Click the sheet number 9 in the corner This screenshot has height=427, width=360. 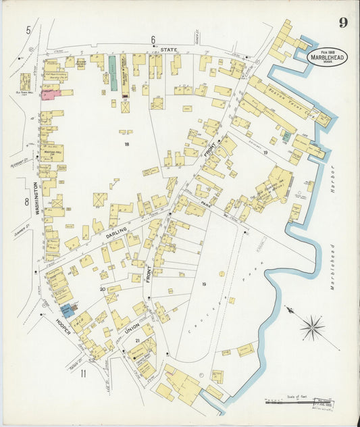click(x=343, y=24)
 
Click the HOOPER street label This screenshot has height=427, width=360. click(x=64, y=326)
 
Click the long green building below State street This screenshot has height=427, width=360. click(x=113, y=73)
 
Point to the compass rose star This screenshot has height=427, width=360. click(x=311, y=328)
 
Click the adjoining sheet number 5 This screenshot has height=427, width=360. click(x=28, y=30)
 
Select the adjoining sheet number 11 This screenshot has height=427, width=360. click(x=83, y=374)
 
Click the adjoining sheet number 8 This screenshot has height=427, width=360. click(x=26, y=202)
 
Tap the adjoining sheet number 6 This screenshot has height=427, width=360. click(x=153, y=39)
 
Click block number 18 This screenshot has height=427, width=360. click(x=126, y=144)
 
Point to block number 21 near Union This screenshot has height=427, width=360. click(x=137, y=341)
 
